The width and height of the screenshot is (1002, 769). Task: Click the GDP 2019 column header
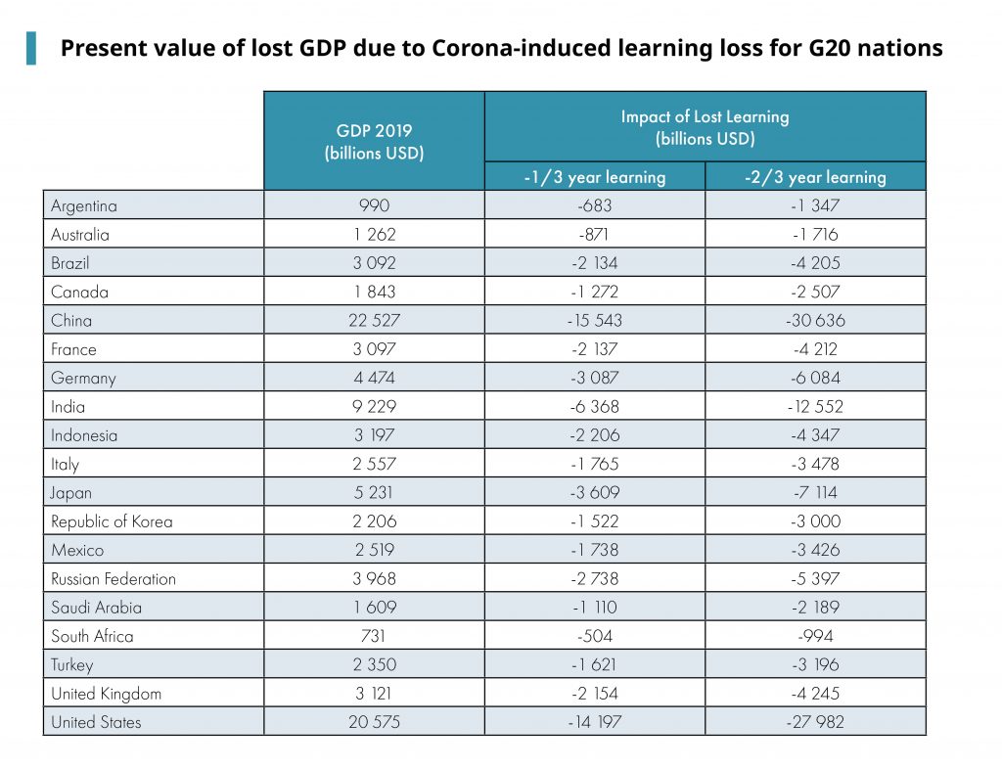pyautogui.click(x=374, y=141)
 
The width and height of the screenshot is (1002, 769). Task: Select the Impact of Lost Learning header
pyautogui.click(x=705, y=127)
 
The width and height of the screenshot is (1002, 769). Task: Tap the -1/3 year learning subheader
pyautogui.click(x=594, y=177)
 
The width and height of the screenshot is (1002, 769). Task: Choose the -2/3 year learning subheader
pyautogui.click(x=815, y=177)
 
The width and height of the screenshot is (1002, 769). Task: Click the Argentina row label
pyautogui.click(x=84, y=205)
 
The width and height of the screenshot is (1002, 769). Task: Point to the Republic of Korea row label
pyautogui.click(x=112, y=521)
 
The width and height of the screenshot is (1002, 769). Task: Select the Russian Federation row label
pyautogui.click(x=114, y=578)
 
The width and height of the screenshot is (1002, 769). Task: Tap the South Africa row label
pyautogui.click(x=92, y=636)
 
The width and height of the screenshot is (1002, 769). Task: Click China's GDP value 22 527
pyautogui.click(x=374, y=320)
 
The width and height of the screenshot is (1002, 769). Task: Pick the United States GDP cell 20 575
pyautogui.click(x=374, y=722)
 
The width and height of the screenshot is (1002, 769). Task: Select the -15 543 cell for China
pyautogui.click(x=594, y=320)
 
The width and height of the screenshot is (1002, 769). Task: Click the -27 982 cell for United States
pyautogui.click(x=815, y=722)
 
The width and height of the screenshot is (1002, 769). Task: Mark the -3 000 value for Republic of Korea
pyautogui.click(x=815, y=521)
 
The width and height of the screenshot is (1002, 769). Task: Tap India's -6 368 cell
pyautogui.click(x=594, y=406)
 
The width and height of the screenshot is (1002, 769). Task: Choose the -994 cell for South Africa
pyautogui.click(x=815, y=636)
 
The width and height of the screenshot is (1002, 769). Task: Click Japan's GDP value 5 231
pyautogui.click(x=374, y=492)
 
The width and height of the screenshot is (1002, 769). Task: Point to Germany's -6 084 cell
pyautogui.click(x=815, y=378)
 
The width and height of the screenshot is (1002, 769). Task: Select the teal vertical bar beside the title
pyautogui.click(x=31, y=48)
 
